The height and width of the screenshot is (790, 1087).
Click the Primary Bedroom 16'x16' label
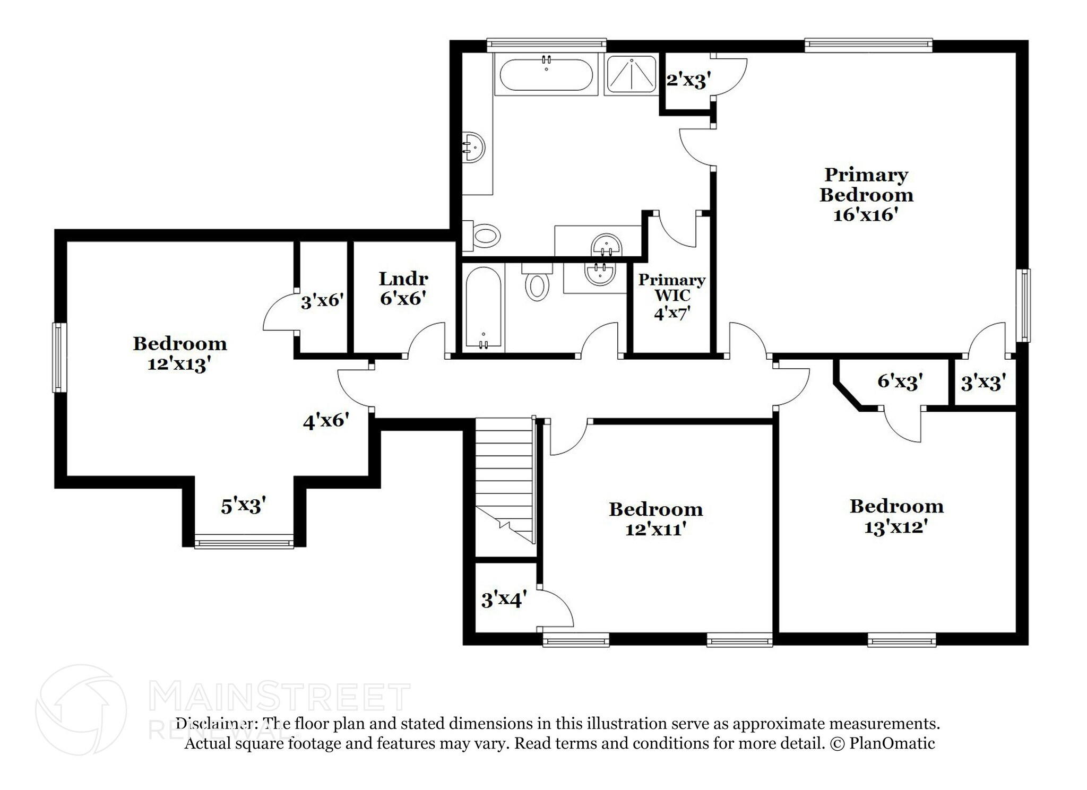pyautogui.click(x=866, y=195)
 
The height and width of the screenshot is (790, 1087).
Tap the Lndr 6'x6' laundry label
pyautogui.click(x=403, y=288)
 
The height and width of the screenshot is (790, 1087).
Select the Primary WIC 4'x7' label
pyautogui.click(x=671, y=297)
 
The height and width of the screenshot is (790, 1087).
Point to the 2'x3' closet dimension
pyautogui.click(x=688, y=81)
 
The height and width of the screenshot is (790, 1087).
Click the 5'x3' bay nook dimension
pyautogui.click(x=243, y=506)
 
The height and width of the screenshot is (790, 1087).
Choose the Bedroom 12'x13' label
pyautogui.click(x=180, y=353)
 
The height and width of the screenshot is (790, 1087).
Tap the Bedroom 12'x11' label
pyautogui.click(x=655, y=519)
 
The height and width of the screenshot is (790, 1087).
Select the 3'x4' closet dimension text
pyautogui.click(x=504, y=600)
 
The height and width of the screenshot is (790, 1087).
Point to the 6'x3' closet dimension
pyautogui.click(x=900, y=381)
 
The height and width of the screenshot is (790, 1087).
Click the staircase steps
pyautogui.click(x=504, y=478)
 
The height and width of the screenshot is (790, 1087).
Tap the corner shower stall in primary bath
pyautogui.click(x=631, y=75)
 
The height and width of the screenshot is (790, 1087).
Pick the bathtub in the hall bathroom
pyautogui.click(x=483, y=307)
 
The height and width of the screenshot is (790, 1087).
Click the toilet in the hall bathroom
pyautogui.click(x=537, y=285)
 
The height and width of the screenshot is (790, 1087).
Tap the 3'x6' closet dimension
pyautogui.click(x=322, y=301)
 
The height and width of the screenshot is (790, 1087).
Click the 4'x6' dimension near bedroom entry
pyautogui.click(x=326, y=421)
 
